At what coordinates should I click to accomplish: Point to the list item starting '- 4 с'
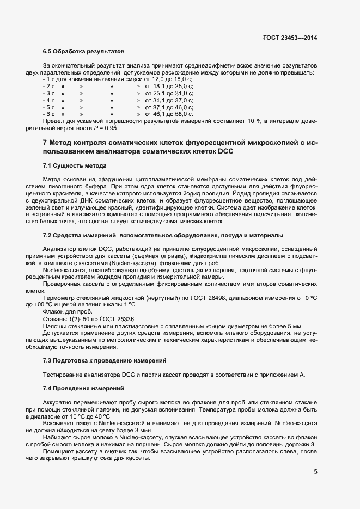pyautogui.click(x=49, y=100)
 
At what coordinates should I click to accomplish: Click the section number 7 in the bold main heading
pyautogui.click(x=44, y=143)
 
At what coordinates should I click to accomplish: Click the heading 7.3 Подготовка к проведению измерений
pyautogui.click(x=108, y=361)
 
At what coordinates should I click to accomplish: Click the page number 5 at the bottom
pyautogui.click(x=315, y=471)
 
